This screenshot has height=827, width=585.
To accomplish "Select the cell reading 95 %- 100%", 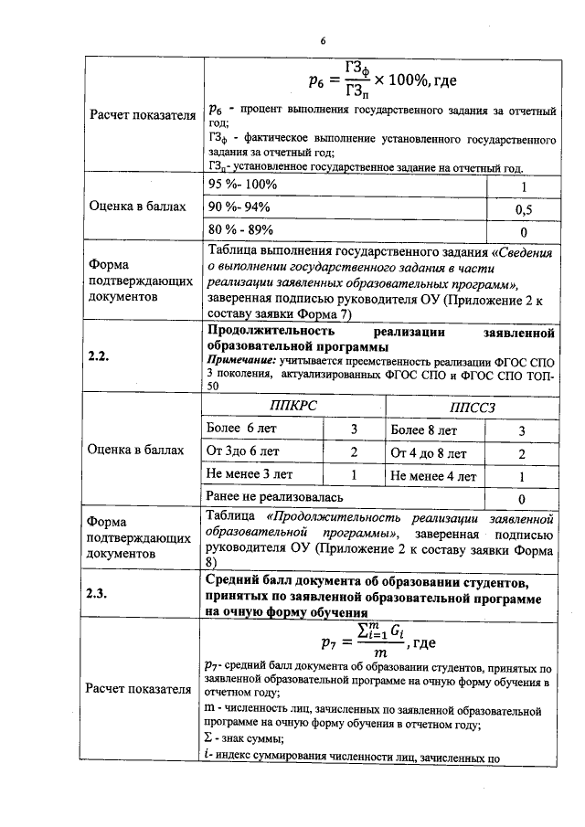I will (x=243, y=186).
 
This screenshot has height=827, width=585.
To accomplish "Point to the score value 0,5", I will (x=524, y=209).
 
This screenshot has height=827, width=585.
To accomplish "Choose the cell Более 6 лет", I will (x=242, y=429).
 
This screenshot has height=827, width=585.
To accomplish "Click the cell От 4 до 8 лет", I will (x=428, y=452).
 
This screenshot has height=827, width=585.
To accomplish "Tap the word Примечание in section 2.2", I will (x=241, y=362).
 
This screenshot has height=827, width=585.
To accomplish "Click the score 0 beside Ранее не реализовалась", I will (x=521, y=499).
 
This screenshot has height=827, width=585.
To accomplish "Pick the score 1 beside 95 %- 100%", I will (x=524, y=186).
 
